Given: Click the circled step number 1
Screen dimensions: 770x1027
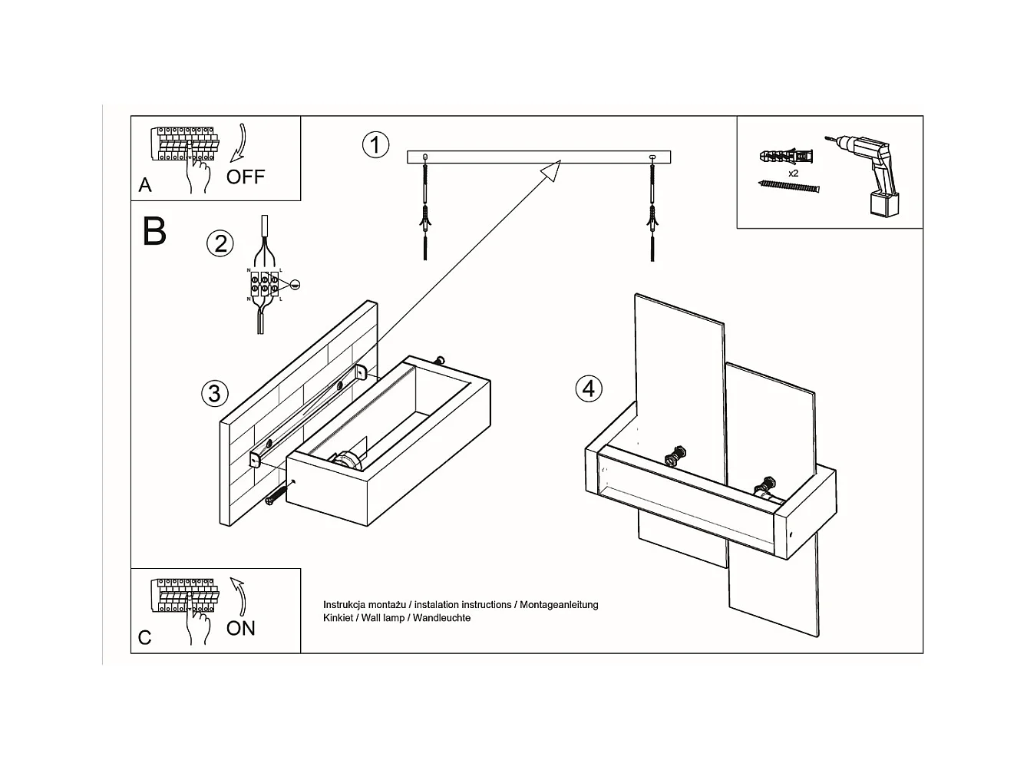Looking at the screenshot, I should pos(375,144).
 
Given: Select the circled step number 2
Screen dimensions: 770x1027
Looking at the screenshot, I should pos(220,243).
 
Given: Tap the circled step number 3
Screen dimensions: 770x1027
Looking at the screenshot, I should pos(215,393).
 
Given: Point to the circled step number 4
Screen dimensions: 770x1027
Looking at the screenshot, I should pos(589,388).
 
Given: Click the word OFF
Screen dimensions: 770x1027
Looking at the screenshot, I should pos(246,177).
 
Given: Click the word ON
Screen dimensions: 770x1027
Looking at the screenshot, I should pos(241,628).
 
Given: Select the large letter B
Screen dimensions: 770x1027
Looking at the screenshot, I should pos(154,230).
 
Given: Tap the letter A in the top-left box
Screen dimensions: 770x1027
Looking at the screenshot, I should pos(145,185).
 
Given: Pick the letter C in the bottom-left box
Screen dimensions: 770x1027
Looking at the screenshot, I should pos(145,637).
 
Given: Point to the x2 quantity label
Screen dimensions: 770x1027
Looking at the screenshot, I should pos(794,173).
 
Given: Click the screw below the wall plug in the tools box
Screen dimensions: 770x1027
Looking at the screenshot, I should pos(788,187).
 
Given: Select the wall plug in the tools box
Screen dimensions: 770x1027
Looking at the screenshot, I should pos(785,157).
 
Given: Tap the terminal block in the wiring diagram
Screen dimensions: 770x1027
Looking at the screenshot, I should pos(265,284).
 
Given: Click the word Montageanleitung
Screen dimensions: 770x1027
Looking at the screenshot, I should pos(559,605).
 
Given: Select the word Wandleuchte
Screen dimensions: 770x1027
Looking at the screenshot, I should pos(441,618).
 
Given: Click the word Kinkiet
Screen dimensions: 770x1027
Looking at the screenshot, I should pos(338,618).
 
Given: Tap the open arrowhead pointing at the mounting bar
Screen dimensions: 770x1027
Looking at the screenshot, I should pos(552,170).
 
